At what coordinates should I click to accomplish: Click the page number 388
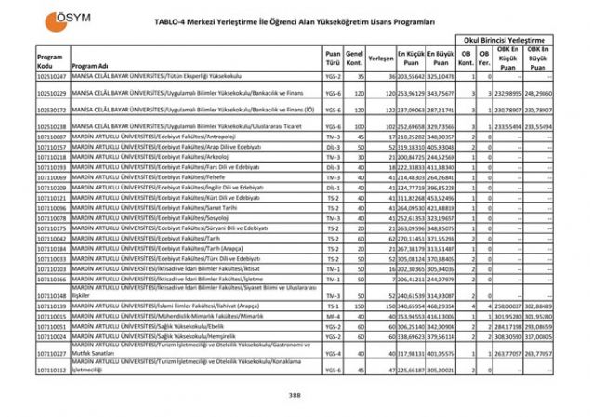coord(295,396)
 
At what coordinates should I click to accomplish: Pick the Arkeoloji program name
coord(149,157)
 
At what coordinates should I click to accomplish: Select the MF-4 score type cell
coord(331,317)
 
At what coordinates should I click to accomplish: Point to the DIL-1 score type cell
coord(331,188)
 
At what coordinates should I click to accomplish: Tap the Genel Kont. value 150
coord(354,306)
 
